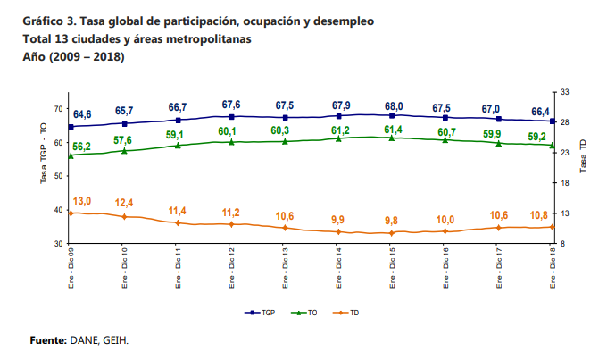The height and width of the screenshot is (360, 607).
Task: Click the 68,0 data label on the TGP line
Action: click(x=393, y=105)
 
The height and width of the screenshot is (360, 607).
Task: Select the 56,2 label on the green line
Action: click(x=80, y=147)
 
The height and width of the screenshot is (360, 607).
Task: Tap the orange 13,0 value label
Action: click(x=82, y=200)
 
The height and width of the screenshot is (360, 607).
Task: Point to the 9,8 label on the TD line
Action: click(x=392, y=221)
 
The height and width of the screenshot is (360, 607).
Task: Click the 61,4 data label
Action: click(x=393, y=130)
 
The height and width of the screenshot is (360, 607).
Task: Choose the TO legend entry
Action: click(x=306, y=313)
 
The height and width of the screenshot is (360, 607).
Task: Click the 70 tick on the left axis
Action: click(x=58, y=109)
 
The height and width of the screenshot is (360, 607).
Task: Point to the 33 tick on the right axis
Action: click(x=566, y=91)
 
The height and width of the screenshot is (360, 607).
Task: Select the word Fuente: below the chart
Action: click(x=48, y=340)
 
